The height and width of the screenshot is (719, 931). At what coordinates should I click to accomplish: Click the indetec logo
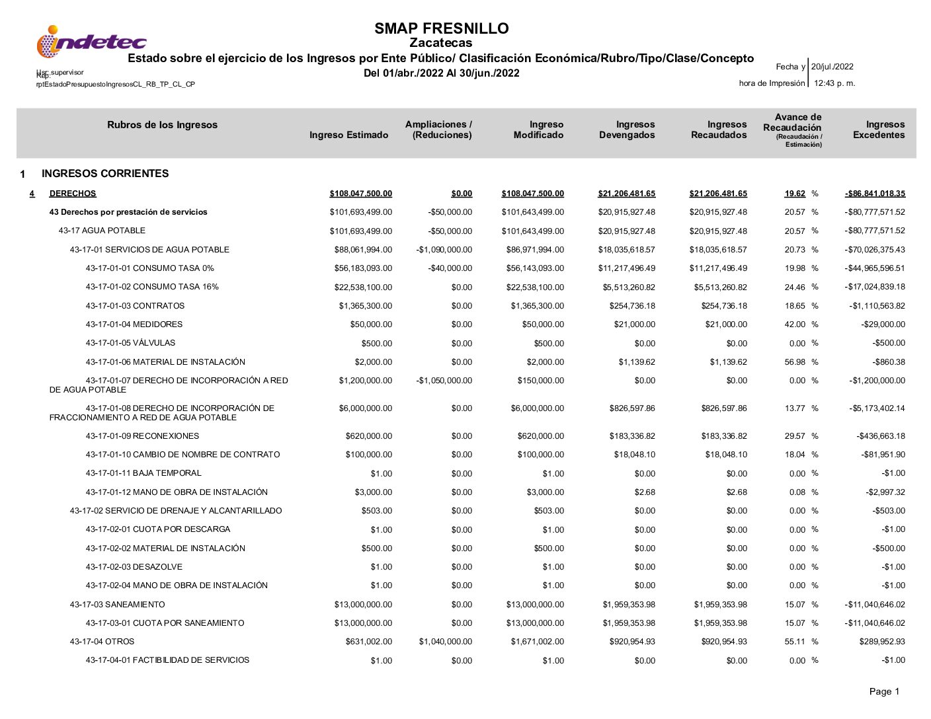click(x=91, y=42)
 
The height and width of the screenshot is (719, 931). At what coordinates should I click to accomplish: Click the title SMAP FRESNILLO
click(x=441, y=28)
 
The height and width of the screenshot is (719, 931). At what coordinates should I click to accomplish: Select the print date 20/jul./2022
click(x=832, y=67)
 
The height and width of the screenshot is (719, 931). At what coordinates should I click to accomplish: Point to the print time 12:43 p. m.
click(x=834, y=83)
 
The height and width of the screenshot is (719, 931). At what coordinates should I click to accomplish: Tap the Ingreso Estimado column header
click(x=348, y=135)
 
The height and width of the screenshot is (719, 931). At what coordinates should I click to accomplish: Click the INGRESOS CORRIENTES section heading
click(x=105, y=174)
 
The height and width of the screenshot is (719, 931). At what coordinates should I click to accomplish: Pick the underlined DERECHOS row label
click(x=73, y=194)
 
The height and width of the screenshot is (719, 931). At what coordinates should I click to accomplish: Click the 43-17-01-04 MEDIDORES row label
click(x=134, y=324)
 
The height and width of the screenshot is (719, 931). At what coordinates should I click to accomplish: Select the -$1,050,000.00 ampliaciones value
click(x=444, y=381)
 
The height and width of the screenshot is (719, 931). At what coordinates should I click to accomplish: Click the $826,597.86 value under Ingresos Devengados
click(x=632, y=408)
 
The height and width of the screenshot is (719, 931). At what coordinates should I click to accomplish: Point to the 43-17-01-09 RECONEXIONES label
click(x=142, y=436)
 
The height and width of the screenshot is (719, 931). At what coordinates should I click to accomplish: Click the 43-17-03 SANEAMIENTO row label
click(x=117, y=605)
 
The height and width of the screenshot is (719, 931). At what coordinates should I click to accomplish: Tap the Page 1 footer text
click(x=884, y=692)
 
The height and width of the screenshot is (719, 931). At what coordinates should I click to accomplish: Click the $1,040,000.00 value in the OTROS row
click(x=446, y=642)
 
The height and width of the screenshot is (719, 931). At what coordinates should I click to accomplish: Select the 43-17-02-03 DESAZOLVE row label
click(x=134, y=567)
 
